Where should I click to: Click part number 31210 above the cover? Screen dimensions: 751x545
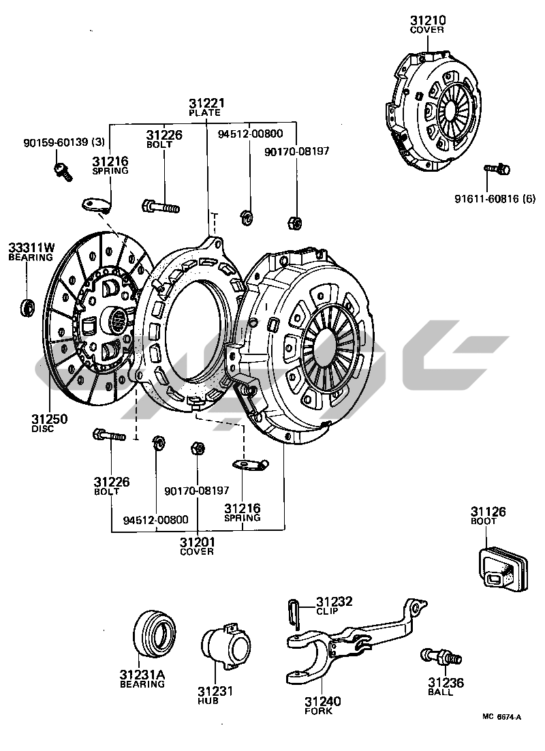426,20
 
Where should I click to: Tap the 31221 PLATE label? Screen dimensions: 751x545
206,107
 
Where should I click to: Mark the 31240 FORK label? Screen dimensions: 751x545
323,705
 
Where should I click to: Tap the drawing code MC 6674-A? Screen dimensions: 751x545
501,717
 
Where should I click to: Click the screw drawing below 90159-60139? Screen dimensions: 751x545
62,170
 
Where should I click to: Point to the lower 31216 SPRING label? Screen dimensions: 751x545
243,512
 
